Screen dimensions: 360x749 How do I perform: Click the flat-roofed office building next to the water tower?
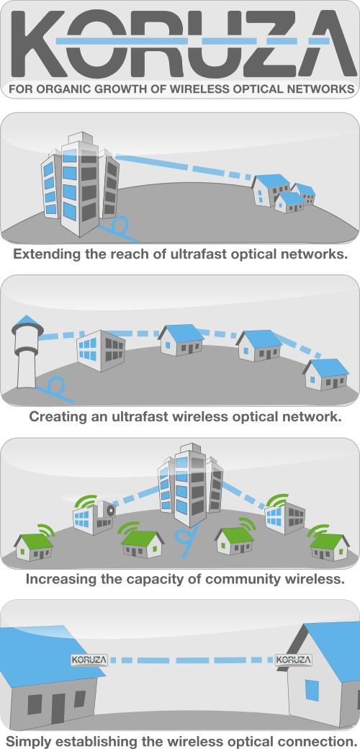tap(101, 351)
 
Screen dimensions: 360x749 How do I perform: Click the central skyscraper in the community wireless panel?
tap(191, 484)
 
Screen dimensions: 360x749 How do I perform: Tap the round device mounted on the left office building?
tap(109, 510)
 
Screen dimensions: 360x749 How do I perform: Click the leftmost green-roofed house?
tap(34, 547)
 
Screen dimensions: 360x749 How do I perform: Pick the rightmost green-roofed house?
tap(330, 547)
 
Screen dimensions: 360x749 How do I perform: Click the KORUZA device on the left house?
tap(89, 660)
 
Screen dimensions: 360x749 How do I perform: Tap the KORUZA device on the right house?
tap(294, 660)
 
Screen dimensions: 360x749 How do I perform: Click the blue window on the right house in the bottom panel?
tap(312, 690)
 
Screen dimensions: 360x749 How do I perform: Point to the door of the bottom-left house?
tap(58, 707)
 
